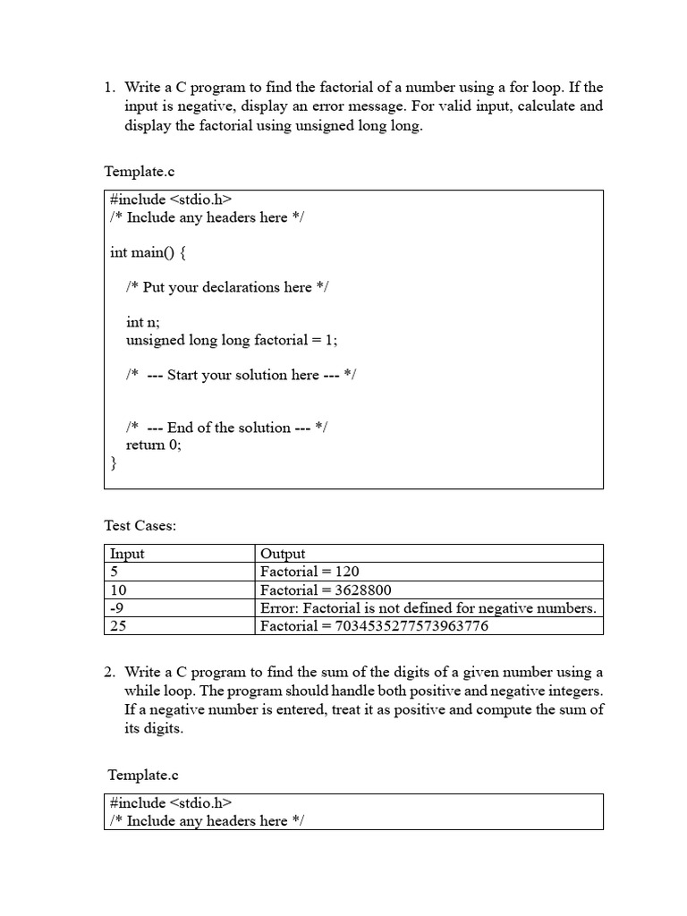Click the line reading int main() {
148,252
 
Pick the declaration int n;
143,322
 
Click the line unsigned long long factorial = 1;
232,340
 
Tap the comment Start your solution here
241,375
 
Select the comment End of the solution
226,428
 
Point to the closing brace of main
114,462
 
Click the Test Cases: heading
140,526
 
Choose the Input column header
127,554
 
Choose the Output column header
283,554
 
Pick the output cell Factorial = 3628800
326,590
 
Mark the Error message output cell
428,608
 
